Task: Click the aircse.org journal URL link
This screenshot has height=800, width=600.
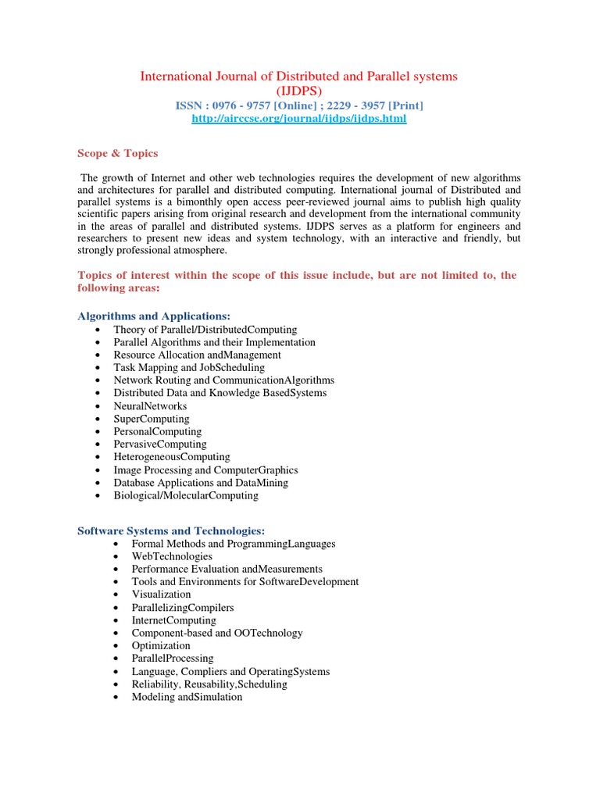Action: [299, 119]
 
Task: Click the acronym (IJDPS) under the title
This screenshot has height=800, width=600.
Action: [299, 91]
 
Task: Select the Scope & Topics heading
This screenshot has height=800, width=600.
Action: [117, 153]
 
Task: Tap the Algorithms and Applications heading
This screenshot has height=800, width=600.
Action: [154, 316]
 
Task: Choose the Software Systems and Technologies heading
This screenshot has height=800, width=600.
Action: [171, 530]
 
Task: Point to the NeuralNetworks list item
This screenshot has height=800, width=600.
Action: [150, 406]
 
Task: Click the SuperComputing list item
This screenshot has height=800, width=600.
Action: [152, 419]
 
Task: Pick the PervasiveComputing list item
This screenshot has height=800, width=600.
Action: [160, 445]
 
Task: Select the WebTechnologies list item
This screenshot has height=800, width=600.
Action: [172, 556]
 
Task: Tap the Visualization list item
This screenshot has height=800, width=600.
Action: [161, 595]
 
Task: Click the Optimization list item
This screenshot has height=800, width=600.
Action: [161, 646]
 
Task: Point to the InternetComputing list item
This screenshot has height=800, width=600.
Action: [173, 620]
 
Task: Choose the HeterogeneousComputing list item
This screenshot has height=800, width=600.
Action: [172, 457]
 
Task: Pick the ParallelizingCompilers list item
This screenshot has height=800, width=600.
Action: [183, 608]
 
